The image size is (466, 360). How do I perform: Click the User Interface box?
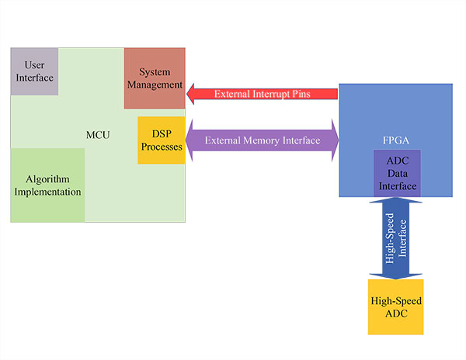point(34,71)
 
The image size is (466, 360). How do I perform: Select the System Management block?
point(154,78)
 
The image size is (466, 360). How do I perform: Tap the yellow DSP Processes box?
point(162,140)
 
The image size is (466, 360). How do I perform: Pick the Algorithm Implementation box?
point(47,185)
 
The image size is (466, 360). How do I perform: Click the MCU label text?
point(98,136)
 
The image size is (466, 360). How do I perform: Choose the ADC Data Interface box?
point(397,173)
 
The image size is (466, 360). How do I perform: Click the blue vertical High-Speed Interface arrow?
point(396,237)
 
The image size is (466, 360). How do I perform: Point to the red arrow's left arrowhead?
point(193,94)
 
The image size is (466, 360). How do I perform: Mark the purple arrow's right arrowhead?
point(332,140)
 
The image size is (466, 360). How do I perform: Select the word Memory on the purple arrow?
point(263,140)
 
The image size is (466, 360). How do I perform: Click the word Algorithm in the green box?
point(47,178)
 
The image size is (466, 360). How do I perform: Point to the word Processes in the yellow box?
point(162,147)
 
